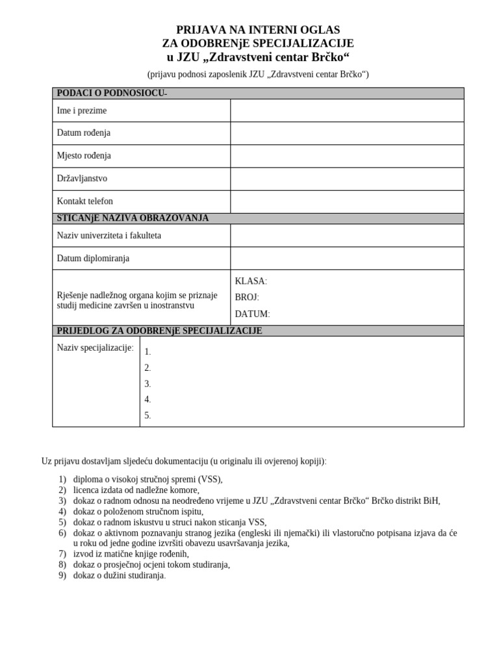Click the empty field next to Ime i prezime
pos(347,110)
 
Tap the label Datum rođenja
pos(84,133)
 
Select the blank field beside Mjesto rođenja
pos(347,156)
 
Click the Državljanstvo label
pos(83,179)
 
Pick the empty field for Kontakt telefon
pos(347,201)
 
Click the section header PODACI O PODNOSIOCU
pos(112,94)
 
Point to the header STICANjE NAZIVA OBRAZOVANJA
pos(133,218)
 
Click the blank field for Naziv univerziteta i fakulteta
pos(347,236)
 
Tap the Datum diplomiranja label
pos(93,258)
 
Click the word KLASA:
pos(251,281)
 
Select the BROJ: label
pos(247,297)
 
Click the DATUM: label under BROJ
pos(252,314)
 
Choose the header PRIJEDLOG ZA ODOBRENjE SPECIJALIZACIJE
pos(160,331)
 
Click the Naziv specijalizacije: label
pos(96,348)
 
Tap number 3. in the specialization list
pos(148,384)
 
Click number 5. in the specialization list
pos(148,416)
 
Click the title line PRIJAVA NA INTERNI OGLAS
pos(258,30)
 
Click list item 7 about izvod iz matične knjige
pos(131,554)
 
